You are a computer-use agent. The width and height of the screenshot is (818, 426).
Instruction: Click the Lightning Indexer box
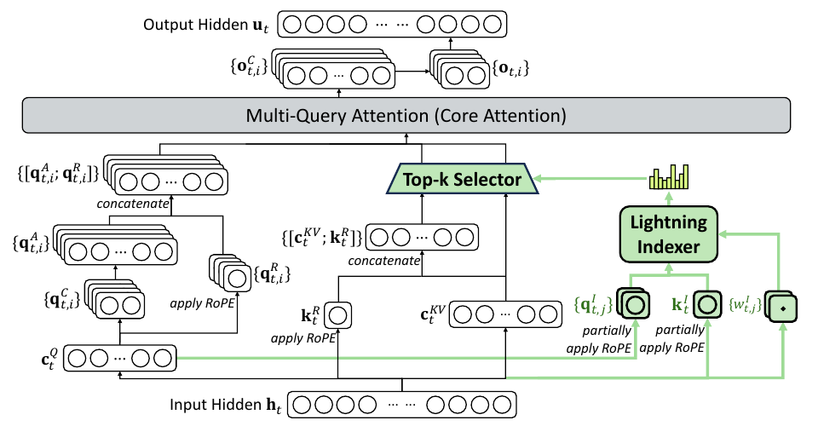coord(668,234)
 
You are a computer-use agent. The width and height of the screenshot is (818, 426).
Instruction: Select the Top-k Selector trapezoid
coord(462,179)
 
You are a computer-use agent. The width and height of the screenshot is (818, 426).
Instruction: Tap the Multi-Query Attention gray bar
coord(406,115)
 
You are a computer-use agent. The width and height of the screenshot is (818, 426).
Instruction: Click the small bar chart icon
coord(669,177)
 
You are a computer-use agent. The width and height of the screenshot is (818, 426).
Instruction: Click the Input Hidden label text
coord(225,406)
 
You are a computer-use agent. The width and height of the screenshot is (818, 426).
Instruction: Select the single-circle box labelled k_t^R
coord(337,315)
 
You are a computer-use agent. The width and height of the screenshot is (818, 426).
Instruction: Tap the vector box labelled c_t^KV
coord(505,314)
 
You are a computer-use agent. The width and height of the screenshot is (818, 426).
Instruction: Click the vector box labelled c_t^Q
coord(120,358)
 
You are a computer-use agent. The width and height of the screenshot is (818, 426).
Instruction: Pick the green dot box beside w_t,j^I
coord(781,307)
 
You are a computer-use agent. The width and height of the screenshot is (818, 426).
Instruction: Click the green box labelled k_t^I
coord(707,304)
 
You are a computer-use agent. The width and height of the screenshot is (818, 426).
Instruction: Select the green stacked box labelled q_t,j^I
coord(633,303)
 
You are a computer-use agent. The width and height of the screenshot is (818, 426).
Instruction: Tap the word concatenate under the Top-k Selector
coord(384,260)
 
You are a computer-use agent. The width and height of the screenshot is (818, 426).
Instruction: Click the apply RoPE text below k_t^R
coord(303,338)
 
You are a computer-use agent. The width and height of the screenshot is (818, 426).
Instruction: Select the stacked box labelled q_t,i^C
coord(114,300)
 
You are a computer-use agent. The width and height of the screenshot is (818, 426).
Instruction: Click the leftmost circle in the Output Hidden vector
coord(292,25)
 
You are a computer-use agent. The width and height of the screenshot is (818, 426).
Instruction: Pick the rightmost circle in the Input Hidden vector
coord(502,405)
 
